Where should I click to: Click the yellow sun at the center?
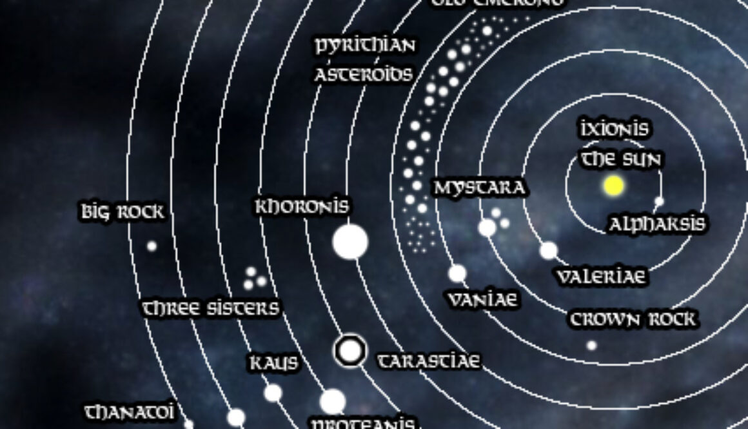pos(613,186)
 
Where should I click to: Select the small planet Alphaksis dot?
pos(659,201)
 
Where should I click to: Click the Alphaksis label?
pos(657,224)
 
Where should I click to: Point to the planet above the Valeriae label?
pos(548,250)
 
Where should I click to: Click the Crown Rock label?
pos(633,319)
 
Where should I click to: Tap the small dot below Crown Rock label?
pos(591,345)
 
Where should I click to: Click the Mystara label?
pos(479,188)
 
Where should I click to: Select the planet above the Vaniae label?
pos(457,274)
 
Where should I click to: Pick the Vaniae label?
pos(483,300)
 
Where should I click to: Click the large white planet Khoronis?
pos(350,242)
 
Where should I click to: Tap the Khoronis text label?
pos(302,207)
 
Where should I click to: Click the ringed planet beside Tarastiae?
pos(350,351)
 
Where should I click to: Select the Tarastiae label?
pos(428,361)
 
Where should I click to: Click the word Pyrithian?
pos(365,46)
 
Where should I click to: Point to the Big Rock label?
pos(123,212)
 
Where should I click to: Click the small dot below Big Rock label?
pos(152,246)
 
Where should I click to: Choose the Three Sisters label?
pos(210,308)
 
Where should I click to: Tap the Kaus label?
pos(274,363)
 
